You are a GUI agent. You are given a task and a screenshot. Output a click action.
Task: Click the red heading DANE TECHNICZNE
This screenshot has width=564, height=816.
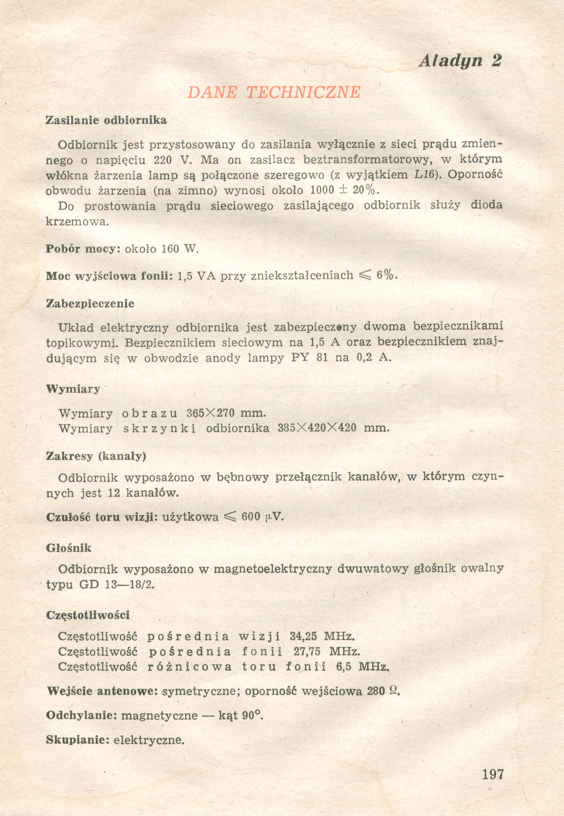tap(274, 93)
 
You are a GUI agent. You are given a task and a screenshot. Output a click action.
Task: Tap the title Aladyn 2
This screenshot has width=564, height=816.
tap(460, 61)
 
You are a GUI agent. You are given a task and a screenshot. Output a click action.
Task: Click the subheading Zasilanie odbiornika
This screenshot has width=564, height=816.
tap(106, 120)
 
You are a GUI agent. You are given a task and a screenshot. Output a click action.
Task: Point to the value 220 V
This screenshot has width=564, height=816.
tap(173, 160)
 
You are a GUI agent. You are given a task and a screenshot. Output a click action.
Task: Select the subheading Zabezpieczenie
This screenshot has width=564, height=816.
tap(90, 304)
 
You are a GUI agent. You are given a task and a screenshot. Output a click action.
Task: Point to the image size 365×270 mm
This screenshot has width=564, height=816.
tap(226, 413)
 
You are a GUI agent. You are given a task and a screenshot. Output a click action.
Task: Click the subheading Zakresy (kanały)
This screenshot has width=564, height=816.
tap(96, 456)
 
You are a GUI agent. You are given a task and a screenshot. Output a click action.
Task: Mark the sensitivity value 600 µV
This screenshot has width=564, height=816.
tap(262, 517)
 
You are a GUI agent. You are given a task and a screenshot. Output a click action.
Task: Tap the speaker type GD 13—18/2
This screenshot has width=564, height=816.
tap(117, 584)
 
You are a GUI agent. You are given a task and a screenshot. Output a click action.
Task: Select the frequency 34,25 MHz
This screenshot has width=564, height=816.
tap(322, 636)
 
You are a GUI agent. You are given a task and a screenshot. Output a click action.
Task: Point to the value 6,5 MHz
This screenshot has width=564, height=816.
tap(363, 667)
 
